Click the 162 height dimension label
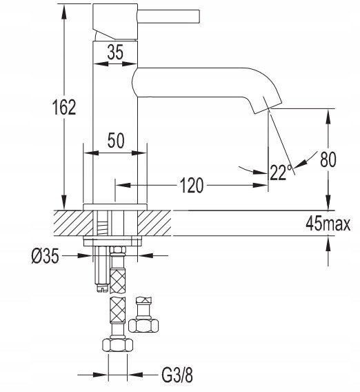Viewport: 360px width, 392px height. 64,107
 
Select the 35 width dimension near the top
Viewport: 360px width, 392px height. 115,52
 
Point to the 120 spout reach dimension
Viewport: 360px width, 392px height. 191,185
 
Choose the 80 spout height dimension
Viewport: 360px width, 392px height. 328,159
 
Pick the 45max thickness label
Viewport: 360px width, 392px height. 328,223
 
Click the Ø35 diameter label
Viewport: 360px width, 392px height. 46,256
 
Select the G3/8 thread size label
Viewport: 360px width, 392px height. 177,375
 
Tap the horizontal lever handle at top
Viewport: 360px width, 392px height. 169,17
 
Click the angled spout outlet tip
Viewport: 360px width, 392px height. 268,108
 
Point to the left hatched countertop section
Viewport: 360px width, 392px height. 73,223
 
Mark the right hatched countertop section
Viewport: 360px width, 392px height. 154,223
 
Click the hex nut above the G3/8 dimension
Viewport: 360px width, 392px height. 117,345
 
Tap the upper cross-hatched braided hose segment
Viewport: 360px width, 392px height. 118,280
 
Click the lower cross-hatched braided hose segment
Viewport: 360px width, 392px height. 118,311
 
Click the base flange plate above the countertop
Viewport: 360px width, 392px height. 115,207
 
